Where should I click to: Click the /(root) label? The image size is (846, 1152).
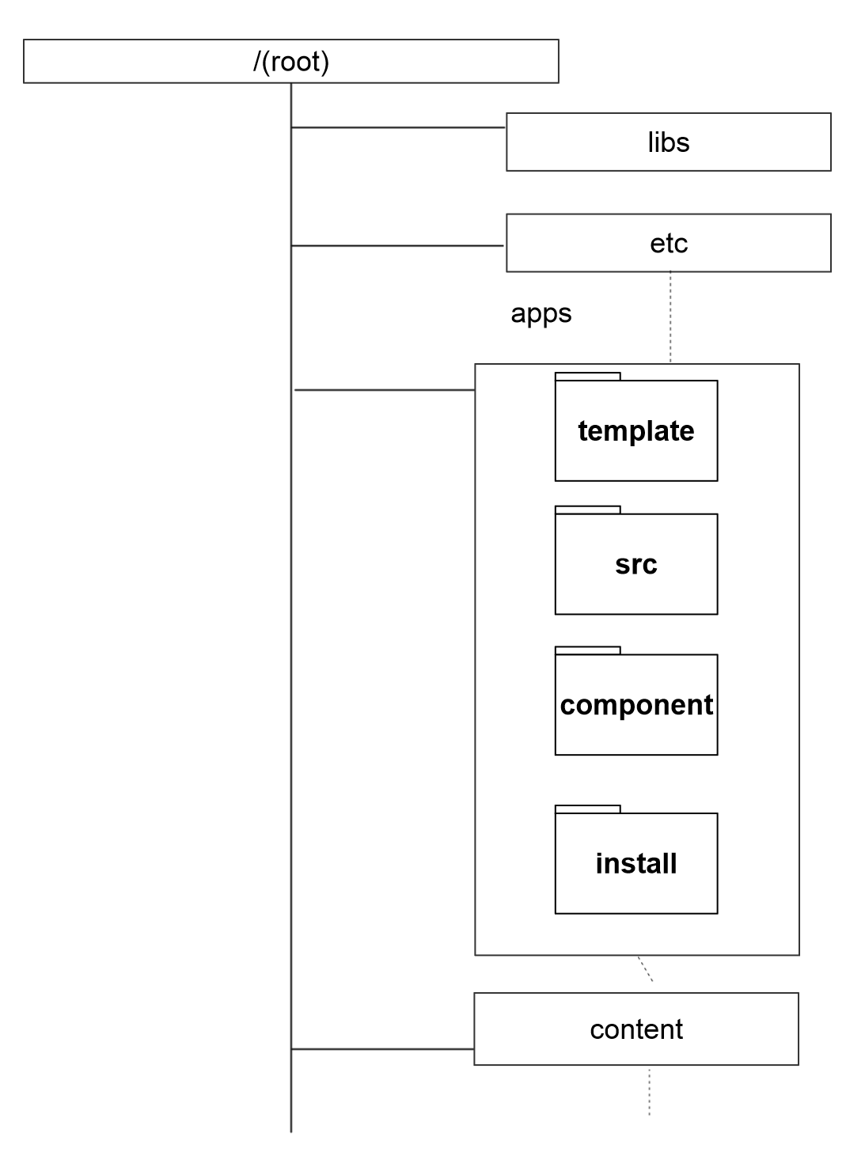pyautogui.click(x=291, y=62)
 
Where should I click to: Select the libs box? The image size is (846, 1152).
pyautogui.click(x=668, y=142)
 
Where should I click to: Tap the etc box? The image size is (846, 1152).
pyautogui.click(x=668, y=243)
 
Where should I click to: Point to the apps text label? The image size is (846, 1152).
pyautogui.click(x=541, y=313)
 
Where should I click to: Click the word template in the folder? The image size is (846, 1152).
pyautogui.click(x=635, y=431)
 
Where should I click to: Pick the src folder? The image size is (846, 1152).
pyautogui.click(x=635, y=564)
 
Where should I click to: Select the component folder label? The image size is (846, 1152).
pyautogui.click(x=635, y=705)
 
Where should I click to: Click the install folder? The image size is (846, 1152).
pyautogui.click(x=635, y=863)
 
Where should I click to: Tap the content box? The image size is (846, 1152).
pyautogui.click(x=635, y=1029)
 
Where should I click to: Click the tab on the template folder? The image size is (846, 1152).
pyautogui.click(x=587, y=377)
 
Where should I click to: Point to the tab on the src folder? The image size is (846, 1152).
pyautogui.click(x=587, y=510)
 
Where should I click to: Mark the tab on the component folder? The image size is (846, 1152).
pyautogui.click(x=587, y=650)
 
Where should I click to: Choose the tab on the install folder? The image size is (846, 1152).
pyautogui.click(x=587, y=809)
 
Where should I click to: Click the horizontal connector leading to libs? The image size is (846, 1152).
pyautogui.click(x=398, y=127)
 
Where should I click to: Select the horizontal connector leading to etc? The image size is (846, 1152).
pyautogui.click(x=398, y=246)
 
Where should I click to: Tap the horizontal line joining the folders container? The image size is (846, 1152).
pyautogui.click(x=384, y=390)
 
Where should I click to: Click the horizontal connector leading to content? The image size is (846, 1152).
pyautogui.click(x=382, y=1049)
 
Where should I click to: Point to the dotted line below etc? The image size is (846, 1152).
pyautogui.click(x=670, y=316)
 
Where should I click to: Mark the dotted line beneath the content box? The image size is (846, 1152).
pyautogui.click(x=650, y=1092)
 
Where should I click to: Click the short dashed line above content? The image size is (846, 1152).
pyautogui.click(x=645, y=969)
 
